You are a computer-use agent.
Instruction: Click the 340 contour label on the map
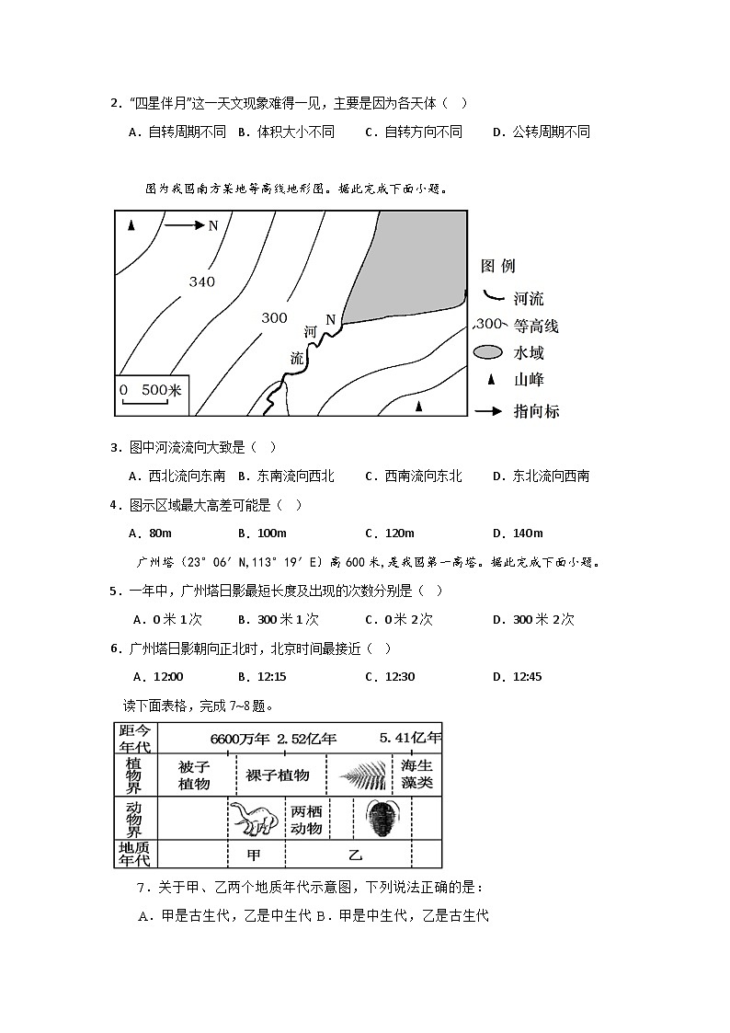(x=202, y=281)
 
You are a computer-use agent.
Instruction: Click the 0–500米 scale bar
(x=152, y=393)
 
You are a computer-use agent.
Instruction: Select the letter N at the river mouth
(x=331, y=319)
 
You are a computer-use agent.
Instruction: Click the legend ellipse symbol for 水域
(x=488, y=352)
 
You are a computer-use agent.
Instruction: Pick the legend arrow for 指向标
(x=489, y=411)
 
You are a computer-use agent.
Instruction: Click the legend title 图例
(x=497, y=266)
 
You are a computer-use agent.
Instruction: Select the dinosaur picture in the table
(x=252, y=818)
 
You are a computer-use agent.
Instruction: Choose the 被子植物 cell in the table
(x=194, y=775)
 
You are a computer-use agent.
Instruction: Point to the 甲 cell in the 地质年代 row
(x=255, y=855)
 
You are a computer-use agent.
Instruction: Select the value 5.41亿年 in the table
(x=410, y=738)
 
